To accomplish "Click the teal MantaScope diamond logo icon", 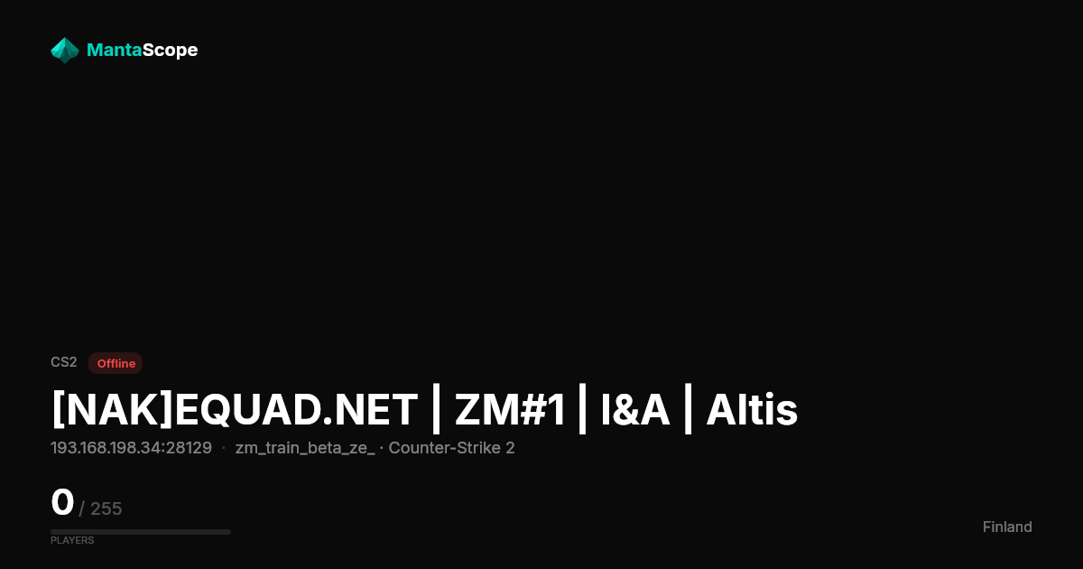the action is [65, 51].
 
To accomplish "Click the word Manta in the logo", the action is [114, 50].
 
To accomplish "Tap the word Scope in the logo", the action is [170, 51].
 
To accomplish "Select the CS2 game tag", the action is [64, 362].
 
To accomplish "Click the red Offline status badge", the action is [116, 363].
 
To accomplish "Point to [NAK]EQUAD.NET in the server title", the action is [235, 410].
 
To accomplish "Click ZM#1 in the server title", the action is [510, 410].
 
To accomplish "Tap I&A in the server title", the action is [634, 410].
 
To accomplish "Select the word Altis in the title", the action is [751, 410].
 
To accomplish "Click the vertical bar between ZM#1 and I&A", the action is [582, 409].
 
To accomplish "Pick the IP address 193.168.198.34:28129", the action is [131, 448].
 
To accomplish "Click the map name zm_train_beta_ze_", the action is [305, 449].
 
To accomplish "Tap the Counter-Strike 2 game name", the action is [451, 448].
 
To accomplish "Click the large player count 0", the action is [62, 502].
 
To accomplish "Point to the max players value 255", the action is [106, 508].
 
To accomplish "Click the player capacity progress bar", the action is [141, 532].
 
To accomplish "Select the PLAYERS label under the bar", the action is [72, 540].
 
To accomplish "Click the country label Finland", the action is [1007, 527].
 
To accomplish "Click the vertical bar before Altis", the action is [688, 409].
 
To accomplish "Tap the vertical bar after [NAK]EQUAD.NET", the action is [436, 409].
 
